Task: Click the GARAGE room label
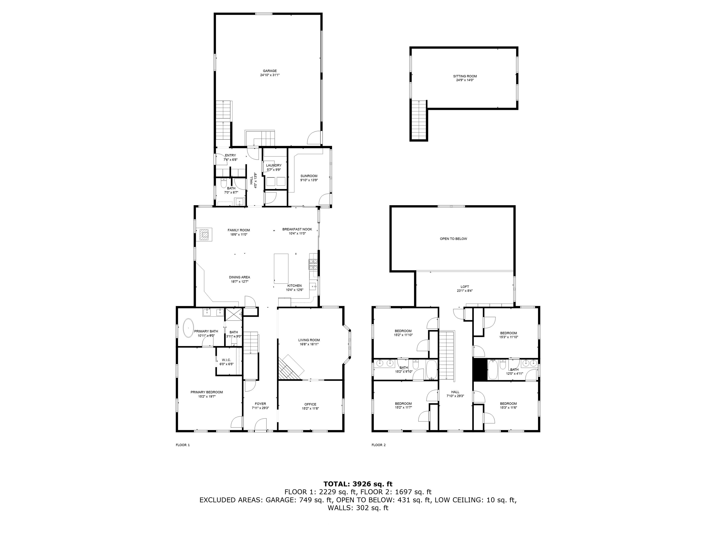pyautogui.click(x=270, y=71)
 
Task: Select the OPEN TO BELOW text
pyautogui.click(x=453, y=239)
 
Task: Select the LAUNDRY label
pyautogui.click(x=274, y=165)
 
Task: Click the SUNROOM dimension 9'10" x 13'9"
pyautogui.click(x=309, y=180)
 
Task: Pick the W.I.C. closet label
pyautogui.click(x=226, y=360)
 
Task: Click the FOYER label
pyautogui.click(x=260, y=404)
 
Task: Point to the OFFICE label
pyautogui.click(x=310, y=404)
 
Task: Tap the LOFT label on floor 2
pyautogui.click(x=465, y=287)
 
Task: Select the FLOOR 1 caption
pyautogui.click(x=182, y=445)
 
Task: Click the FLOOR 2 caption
pyautogui.click(x=378, y=445)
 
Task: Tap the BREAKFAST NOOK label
pyautogui.click(x=297, y=229)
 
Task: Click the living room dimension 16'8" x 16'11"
pyautogui.click(x=309, y=344)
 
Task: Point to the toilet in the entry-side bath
pyautogui.click(x=223, y=183)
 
